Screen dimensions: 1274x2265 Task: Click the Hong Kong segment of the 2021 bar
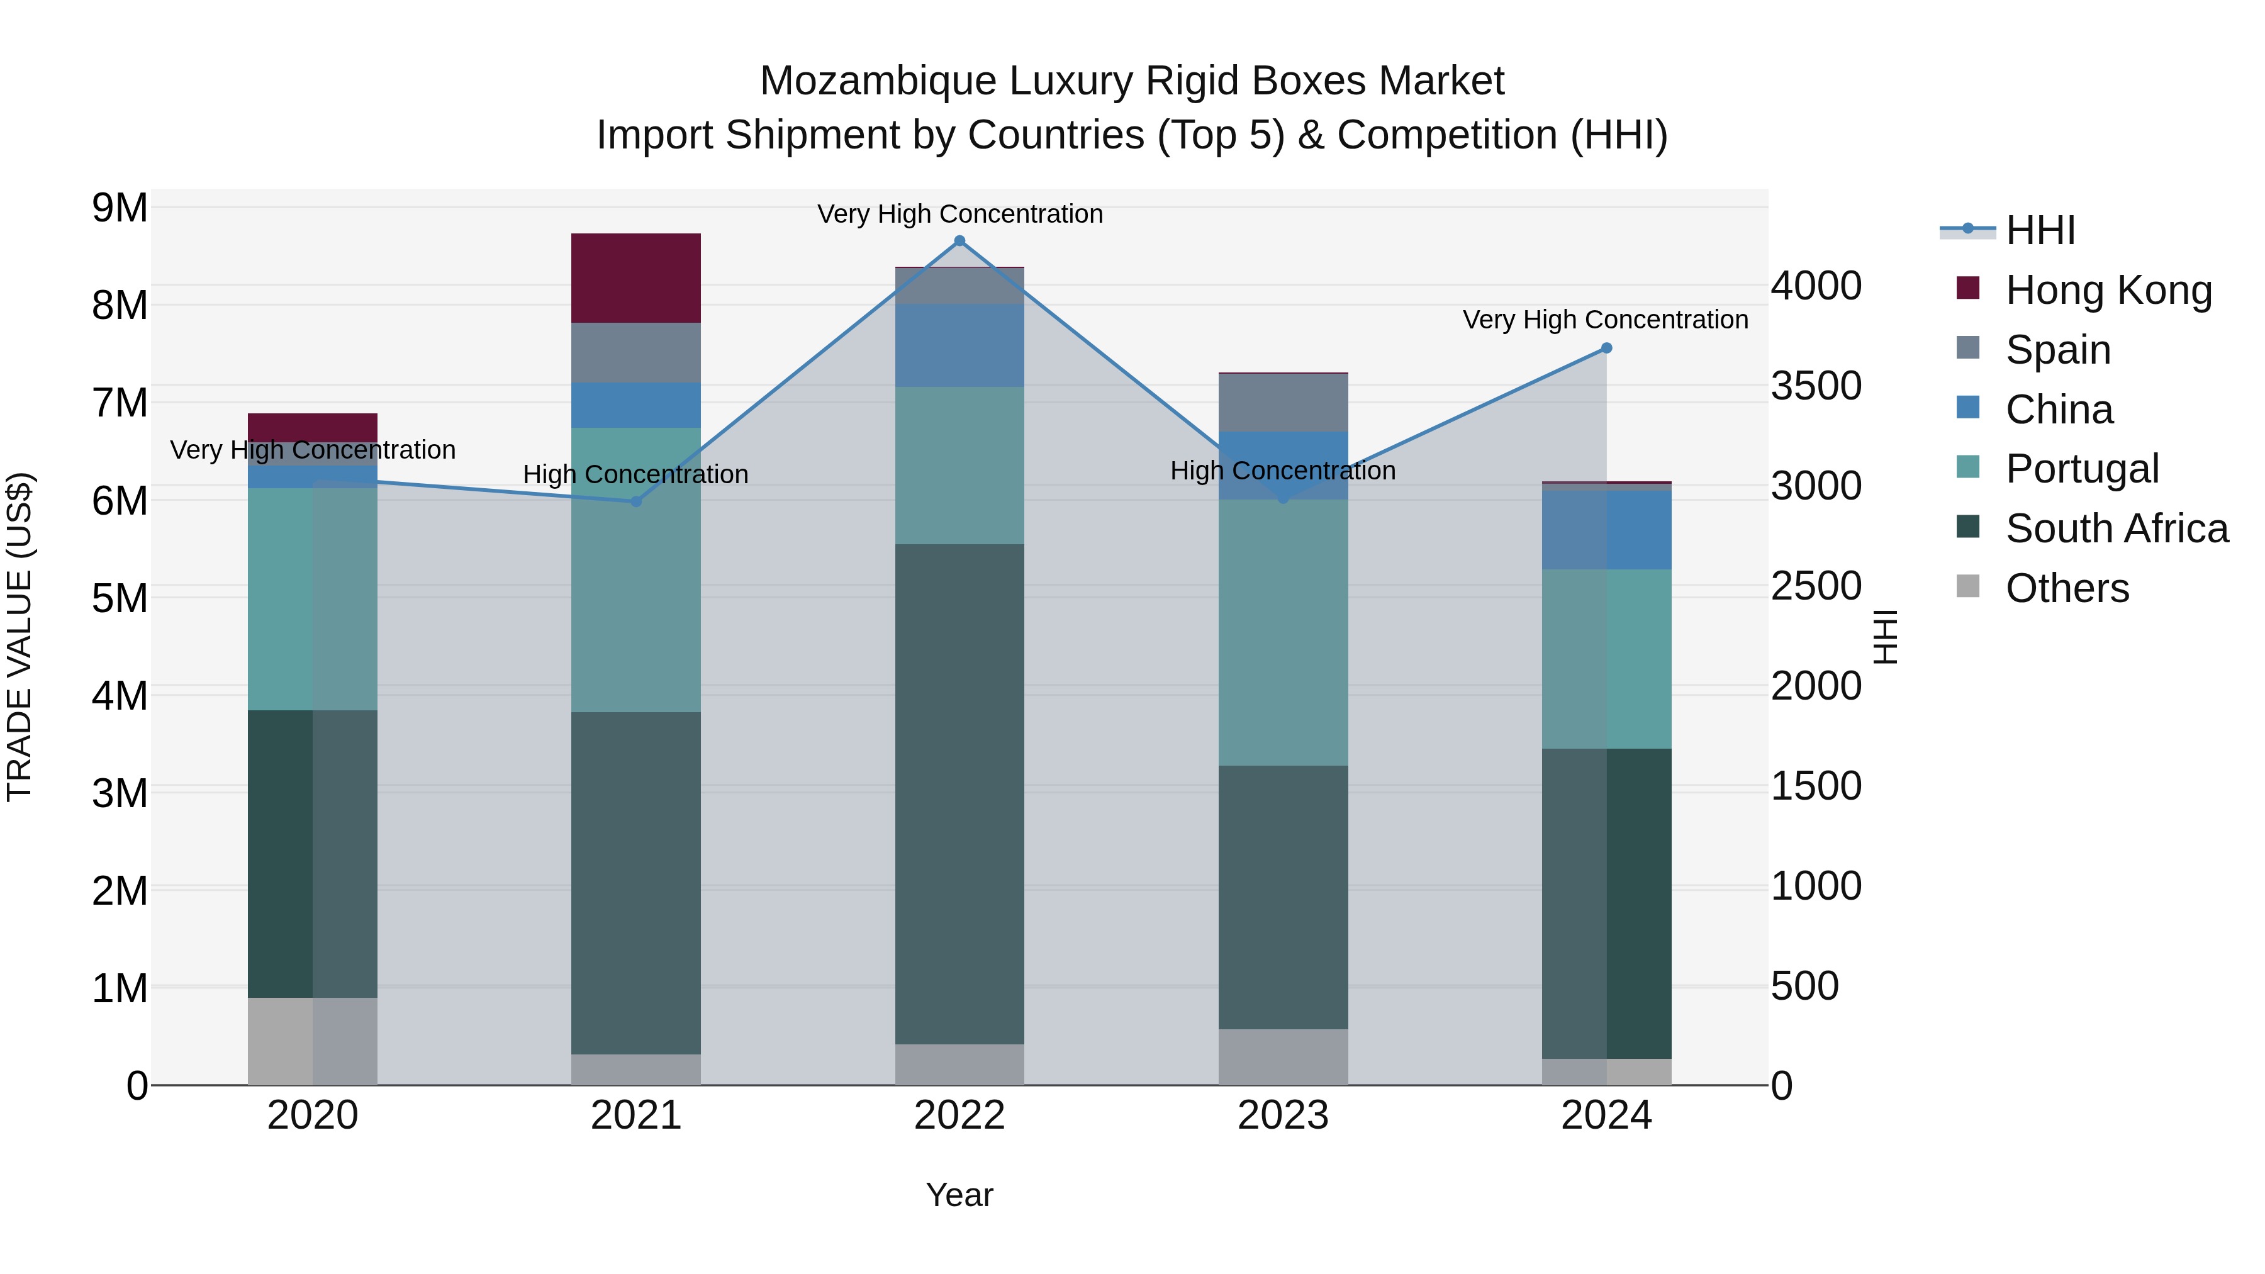(x=635, y=278)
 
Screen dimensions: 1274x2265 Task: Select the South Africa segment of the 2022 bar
(x=959, y=793)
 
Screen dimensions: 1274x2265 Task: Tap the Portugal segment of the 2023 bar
(x=1283, y=632)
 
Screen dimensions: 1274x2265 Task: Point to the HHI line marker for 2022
(x=959, y=241)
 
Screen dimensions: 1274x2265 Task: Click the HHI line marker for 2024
(x=1606, y=348)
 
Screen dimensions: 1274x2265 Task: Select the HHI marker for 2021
(x=635, y=501)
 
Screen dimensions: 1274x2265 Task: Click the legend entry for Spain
(x=2057, y=349)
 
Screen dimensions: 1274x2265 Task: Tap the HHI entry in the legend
(x=2040, y=230)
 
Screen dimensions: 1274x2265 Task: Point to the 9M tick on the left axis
(x=120, y=208)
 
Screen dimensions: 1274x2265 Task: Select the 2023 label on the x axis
(x=1283, y=1115)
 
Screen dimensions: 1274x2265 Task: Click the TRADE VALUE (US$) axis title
(x=20, y=637)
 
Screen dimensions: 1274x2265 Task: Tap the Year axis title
(x=959, y=1195)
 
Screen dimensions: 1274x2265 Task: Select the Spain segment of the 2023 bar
(x=1283, y=403)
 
